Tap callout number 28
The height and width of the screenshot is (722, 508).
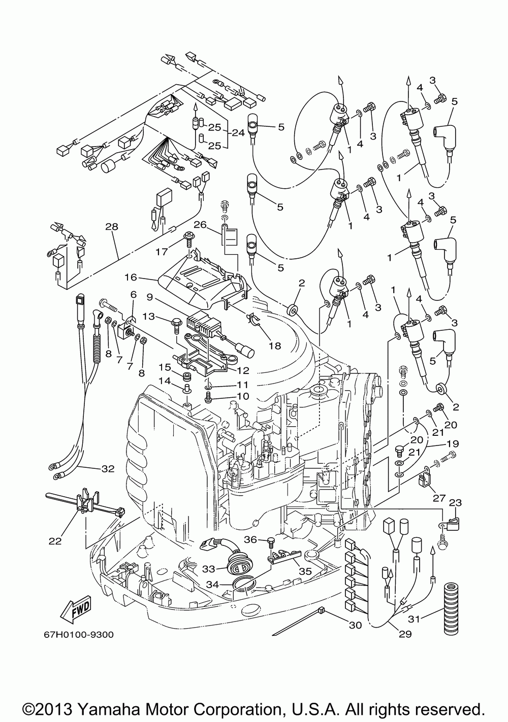tap(112, 227)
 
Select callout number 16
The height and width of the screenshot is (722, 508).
tap(131, 277)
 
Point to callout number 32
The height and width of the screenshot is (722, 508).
tap(108, 469)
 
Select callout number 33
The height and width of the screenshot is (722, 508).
tap(208, 569)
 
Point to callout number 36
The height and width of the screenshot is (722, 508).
tap(250, 539)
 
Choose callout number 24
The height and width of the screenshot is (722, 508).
tap(238, 132)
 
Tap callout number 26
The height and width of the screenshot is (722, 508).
tap(200, 224)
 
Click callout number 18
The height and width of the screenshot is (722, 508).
tap(274, 346)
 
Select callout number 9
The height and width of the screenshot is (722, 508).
tap(149, 297)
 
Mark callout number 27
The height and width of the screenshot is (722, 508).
tap(439, 498)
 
